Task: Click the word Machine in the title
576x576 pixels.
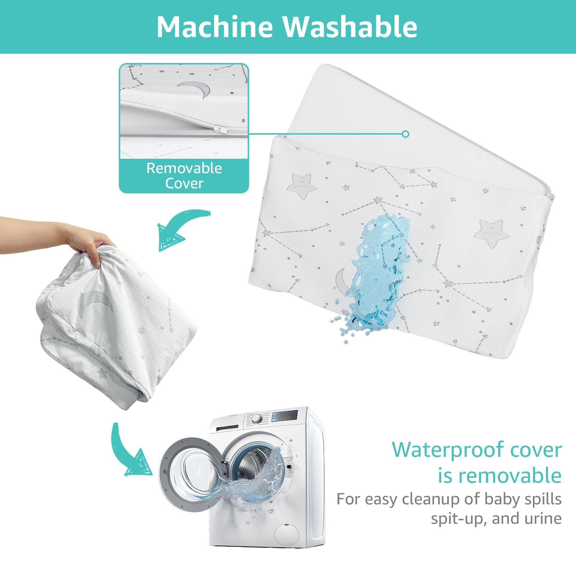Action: click(215, 27)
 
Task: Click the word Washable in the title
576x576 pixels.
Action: click(350, 27)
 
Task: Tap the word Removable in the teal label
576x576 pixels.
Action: click(184, 168)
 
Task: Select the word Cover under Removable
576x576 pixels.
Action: click(184, 183)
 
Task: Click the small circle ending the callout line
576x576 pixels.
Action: click(406, 134)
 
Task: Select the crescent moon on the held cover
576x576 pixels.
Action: click(95, 301)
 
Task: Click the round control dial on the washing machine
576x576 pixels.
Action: click(257, 419)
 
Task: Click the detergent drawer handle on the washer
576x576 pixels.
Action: click(227, 428)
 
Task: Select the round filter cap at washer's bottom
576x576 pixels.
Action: click(287, 533)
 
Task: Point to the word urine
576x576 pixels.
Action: click(543, 518)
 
